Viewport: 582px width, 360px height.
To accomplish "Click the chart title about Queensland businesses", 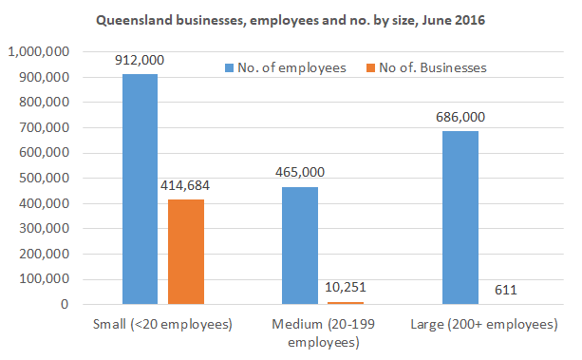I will [291, 20].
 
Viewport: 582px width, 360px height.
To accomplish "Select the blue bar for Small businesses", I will [140, 189].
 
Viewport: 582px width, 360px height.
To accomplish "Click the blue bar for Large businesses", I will [460, 218].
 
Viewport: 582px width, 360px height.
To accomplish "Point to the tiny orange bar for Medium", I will [346, 303].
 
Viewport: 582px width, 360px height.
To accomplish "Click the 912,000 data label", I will [140, 61].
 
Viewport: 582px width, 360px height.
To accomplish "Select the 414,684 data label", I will [186, 185].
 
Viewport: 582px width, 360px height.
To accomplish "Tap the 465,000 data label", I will [299, 174].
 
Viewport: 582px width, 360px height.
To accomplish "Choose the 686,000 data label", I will [460, 117].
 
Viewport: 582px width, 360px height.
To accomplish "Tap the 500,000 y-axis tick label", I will [43, 179].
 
